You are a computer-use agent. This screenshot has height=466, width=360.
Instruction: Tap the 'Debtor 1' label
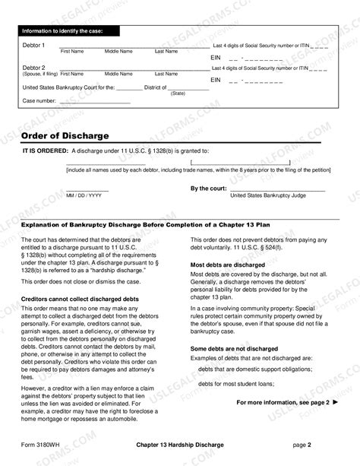pos(34,46)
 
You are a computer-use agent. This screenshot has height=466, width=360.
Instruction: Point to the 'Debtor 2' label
pos(34,68)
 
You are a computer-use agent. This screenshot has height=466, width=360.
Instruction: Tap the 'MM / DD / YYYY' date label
pos(84,195)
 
